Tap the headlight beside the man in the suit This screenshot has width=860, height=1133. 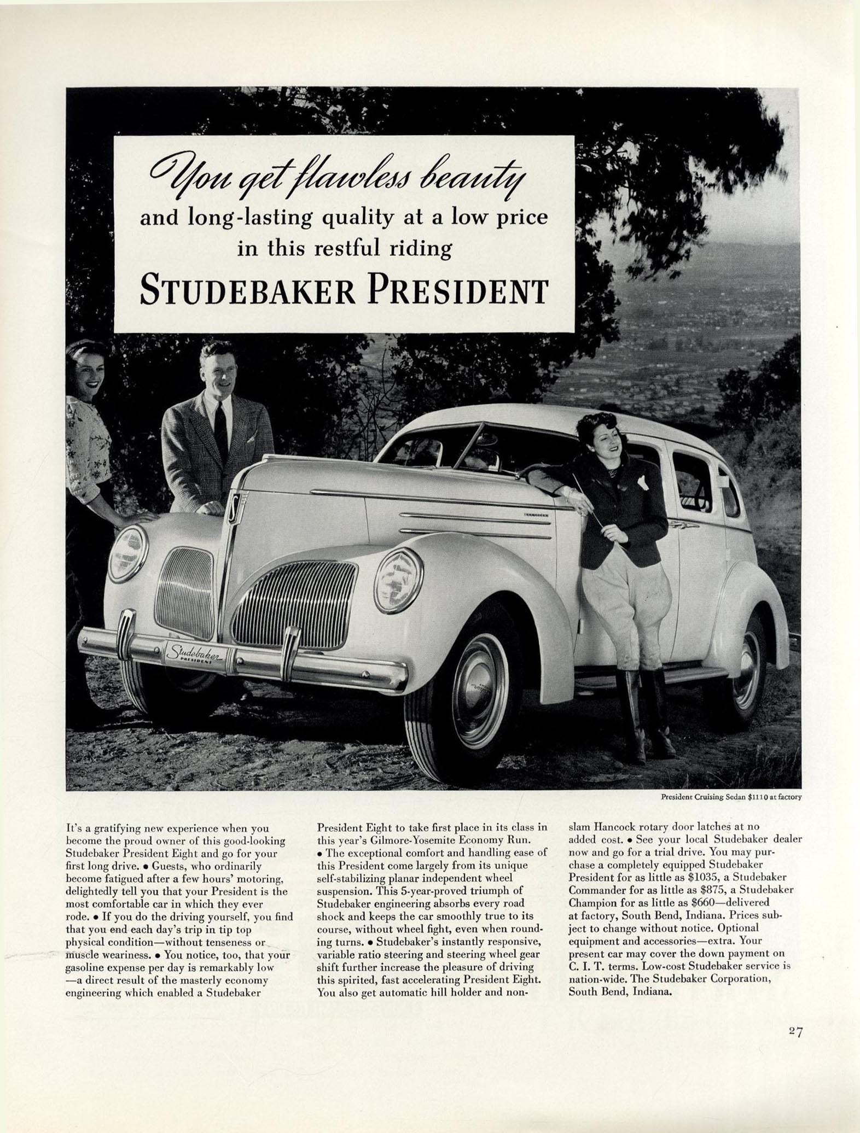[x=128, y=553]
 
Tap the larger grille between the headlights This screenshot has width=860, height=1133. [x=294, y=602]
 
